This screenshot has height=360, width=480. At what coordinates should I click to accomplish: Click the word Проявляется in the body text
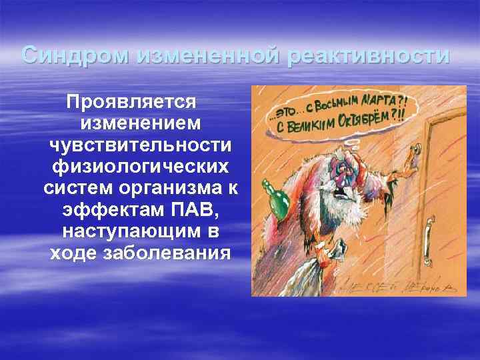point(131,103)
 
